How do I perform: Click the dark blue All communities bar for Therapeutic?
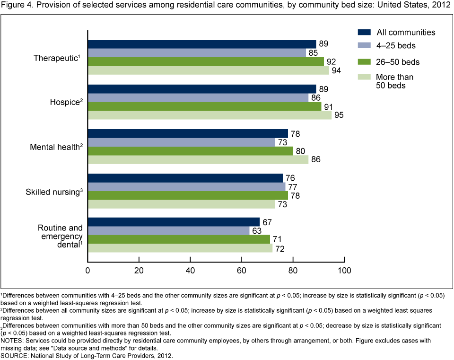tap(202, 44)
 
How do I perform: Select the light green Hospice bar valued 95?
tap(210, 115)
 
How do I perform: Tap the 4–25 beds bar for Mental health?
tap(182, 142)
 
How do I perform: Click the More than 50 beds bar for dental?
tap(180, 248)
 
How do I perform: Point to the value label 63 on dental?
tap(257, 231)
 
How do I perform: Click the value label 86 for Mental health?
tap(316, 160)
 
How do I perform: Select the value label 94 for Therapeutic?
tap(337, 70)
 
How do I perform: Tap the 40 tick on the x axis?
tap(190, 271)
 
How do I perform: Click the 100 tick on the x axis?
tap(344, 271)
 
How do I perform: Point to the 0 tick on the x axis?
tap(87, 271)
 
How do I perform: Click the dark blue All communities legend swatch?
tap(364, 32)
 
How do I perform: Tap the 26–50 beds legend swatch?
tap(364, 61)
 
